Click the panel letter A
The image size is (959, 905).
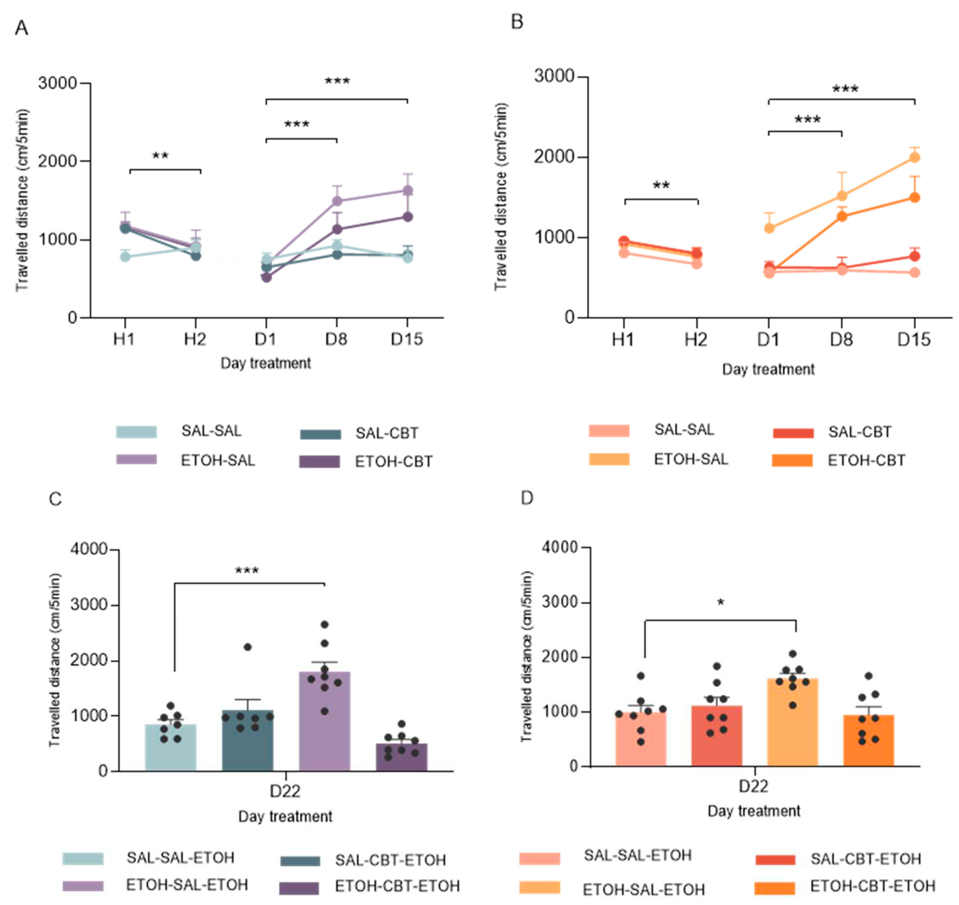(x=22, y=28)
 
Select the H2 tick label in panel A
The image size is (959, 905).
(x=195, y=339)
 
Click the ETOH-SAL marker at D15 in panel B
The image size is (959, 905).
(x=914, y=157)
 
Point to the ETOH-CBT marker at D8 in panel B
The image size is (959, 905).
(x=842, y=216)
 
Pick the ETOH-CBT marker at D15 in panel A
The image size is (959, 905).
(x=408, y=217)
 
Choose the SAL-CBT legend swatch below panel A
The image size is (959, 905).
(x=320, y=434)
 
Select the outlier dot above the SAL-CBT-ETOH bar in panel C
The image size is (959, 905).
(x=247, y=647)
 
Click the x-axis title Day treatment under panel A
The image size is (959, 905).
(x=266, y=363)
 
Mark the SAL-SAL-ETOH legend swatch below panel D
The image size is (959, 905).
(x=540, y=858)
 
